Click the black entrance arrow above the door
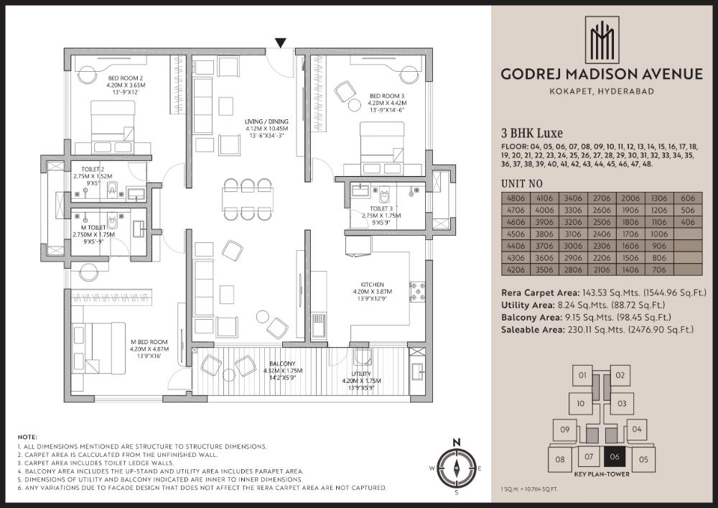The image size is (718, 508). pyautogui.click(x=280, y=43)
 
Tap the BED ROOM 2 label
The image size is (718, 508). pyautogui.click(x=126, y=78)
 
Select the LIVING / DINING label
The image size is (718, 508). pyautogui.click(x=266, y=122)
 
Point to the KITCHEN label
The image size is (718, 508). pyautogui.click(x=372, y=285)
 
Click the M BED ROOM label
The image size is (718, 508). pyautogui.click(x=149, y=342)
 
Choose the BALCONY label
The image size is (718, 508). pyautogui.click(x=282, y=364)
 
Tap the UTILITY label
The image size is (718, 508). pyautogui.click(x=361, y=374)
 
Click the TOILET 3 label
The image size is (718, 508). pyautogui.click(x=381, y=208)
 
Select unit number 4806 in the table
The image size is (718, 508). pyautogui.click(x=516, y=198)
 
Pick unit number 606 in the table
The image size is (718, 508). pyautogui.click(x=688, y=198)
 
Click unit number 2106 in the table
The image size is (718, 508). pyautogui.click(x=602, y=269)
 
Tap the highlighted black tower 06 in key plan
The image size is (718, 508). pyautogui.click(x=615, y=457)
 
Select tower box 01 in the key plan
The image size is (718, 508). pyautogui.click(x=582, y=375)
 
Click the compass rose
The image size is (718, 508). pyautogui.click(x=456, y=468)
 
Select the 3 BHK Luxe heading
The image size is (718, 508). pyautogui.click(x=532, y=134)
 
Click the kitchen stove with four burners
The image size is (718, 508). pyautogui.click(x=417, y=291)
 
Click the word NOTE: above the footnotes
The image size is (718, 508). pyautogui.click(x=27, y=438)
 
